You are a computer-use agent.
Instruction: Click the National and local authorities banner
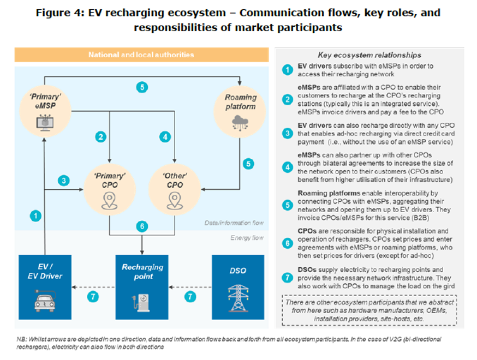click(x=141, y=55)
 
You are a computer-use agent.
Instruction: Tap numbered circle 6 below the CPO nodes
click(x=141, y=226)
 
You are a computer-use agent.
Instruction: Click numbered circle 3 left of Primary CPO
click(x=63, y=181)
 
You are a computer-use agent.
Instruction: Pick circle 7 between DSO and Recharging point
click(x=190, y=297)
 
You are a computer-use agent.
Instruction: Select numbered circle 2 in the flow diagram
click(x=100, y=137)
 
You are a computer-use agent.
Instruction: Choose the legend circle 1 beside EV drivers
click(x=287, y=69)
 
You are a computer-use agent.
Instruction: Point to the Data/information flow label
click(x=234, y=223)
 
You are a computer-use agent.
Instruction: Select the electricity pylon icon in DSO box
click(x=237, y=299)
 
